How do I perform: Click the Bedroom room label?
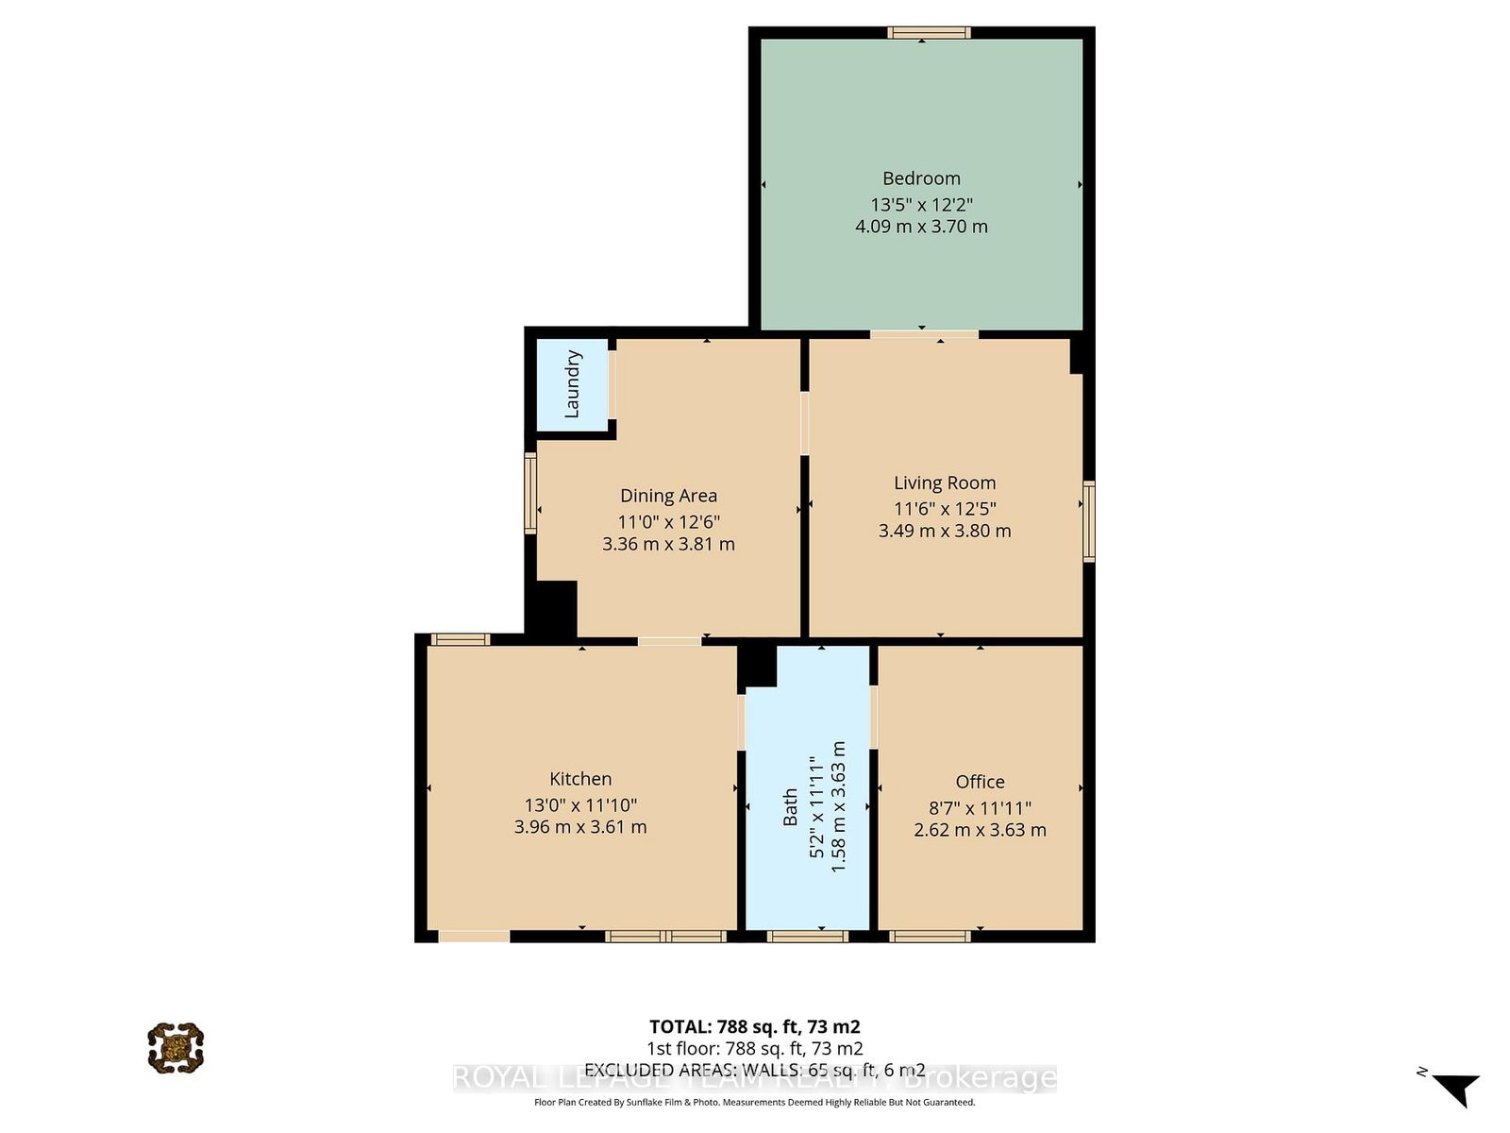coord(921,178)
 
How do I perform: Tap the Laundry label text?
coord(572,384)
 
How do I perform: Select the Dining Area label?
coord(668,496)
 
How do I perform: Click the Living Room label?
coord(945,483)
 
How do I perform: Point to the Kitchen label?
coord(580,779)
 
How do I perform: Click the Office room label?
coord(980,782)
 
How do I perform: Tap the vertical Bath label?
coord(791,807)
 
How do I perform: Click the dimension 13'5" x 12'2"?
coord(921,204)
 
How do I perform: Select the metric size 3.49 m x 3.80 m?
coord(945,531)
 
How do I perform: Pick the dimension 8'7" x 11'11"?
coord(980,808)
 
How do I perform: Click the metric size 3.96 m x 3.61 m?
coord(580,827)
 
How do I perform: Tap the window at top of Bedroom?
coord(929,33)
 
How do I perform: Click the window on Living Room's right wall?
coord(1088,521)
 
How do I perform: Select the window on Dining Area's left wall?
coord(530,493)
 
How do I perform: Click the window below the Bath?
coord(807,937)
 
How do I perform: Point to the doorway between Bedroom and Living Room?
coord(924,333)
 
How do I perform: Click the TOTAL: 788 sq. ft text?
coord(754,1026)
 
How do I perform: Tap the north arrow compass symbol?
coord(1457,1089)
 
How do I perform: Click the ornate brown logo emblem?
coord(176,1047)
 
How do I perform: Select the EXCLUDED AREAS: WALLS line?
coord(754,1070)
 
